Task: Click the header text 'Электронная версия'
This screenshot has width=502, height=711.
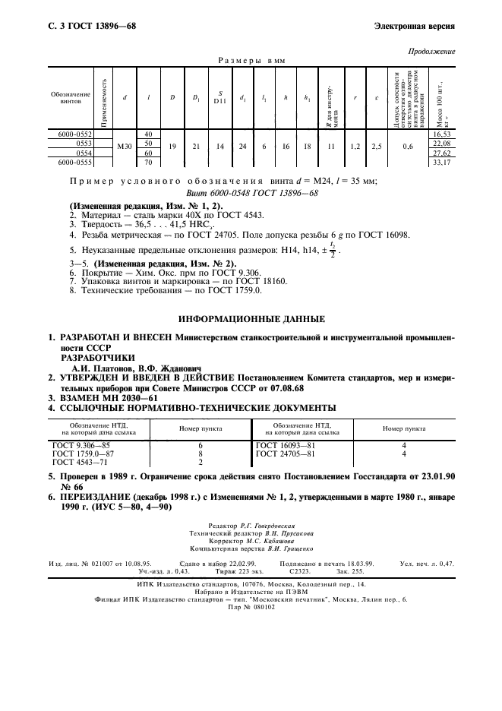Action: (x=415, y=26)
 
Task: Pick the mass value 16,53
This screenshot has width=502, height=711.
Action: (x=441, y=134)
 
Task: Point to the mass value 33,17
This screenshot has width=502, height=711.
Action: (x=441, y=162)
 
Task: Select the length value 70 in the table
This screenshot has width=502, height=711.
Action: (x=148, y=162)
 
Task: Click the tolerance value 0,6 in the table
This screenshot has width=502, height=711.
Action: (x=409, y=147)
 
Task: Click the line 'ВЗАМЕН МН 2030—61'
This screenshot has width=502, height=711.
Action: (x=108, y=397)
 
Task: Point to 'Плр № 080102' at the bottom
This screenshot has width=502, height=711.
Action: (x=251, y=607)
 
